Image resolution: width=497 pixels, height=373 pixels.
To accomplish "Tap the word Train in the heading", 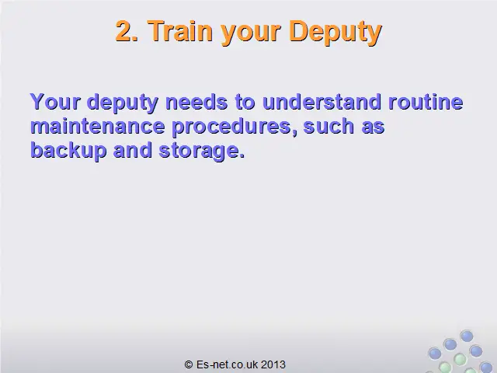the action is click(180, 31).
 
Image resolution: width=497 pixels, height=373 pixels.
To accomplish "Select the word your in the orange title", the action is click(251, 33).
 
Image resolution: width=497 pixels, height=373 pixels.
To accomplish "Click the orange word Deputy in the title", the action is click(335, 32).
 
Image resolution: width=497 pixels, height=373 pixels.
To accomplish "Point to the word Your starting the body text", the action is click(55, 102).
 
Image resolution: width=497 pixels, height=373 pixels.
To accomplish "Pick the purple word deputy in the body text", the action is click(123, 103).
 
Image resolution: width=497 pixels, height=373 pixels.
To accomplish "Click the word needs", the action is click(196, 102).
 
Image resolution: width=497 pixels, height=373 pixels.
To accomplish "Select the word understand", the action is click(321, 102).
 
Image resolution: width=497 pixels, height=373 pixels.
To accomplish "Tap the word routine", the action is click(426, 102).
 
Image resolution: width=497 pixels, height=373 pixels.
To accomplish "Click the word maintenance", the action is click(98, 126).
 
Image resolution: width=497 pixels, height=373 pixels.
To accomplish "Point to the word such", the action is click(328, 126).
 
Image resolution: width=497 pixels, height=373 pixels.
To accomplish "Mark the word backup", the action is click(68, 151).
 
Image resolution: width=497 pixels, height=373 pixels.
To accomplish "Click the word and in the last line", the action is click(133, 150).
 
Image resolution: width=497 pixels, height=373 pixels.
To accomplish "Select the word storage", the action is click(202, 152).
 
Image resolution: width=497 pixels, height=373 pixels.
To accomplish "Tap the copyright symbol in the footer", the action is click(189, 364).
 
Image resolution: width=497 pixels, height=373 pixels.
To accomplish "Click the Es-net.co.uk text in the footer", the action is click(227, 364).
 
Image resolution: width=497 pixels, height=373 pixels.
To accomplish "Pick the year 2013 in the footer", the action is click(273, 364).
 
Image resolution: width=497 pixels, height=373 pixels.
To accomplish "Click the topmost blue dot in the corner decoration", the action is click(467, 336).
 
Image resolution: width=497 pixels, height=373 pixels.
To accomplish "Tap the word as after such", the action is click(373, 127).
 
